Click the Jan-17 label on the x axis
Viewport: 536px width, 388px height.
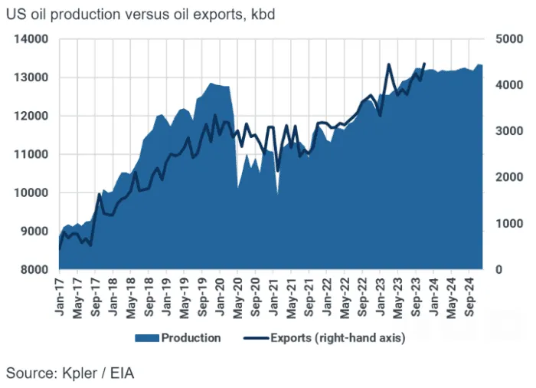point(60,292)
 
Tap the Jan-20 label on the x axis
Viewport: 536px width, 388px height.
point(221,292)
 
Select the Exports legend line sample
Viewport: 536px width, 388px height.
point(255,337)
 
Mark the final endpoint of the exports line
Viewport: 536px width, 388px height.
point(424,64)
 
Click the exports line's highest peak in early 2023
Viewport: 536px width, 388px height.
point(389,64)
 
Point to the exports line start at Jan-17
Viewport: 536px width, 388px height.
point(60,248)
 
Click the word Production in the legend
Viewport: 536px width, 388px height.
point(191,337)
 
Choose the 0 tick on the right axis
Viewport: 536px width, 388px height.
point(498,270)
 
